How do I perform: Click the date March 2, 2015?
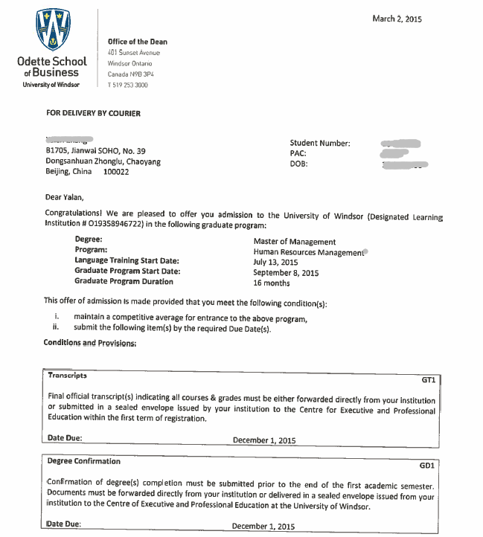click(x=397, y=19)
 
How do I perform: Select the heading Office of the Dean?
click(x=138, y=42)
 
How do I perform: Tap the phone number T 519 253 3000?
click(x=128, y=86)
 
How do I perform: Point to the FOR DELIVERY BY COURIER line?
click(x=93, y=113)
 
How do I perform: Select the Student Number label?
click(x=320, y=144)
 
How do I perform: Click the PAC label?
click(x=298, y=154)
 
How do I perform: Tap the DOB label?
click(x=298, y=164)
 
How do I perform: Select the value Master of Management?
click(x=294, y=242)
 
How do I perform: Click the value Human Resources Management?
click(x=309, y=252)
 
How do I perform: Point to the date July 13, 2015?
click(x=275, y=263)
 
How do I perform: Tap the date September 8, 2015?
click(x=286, y=273)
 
